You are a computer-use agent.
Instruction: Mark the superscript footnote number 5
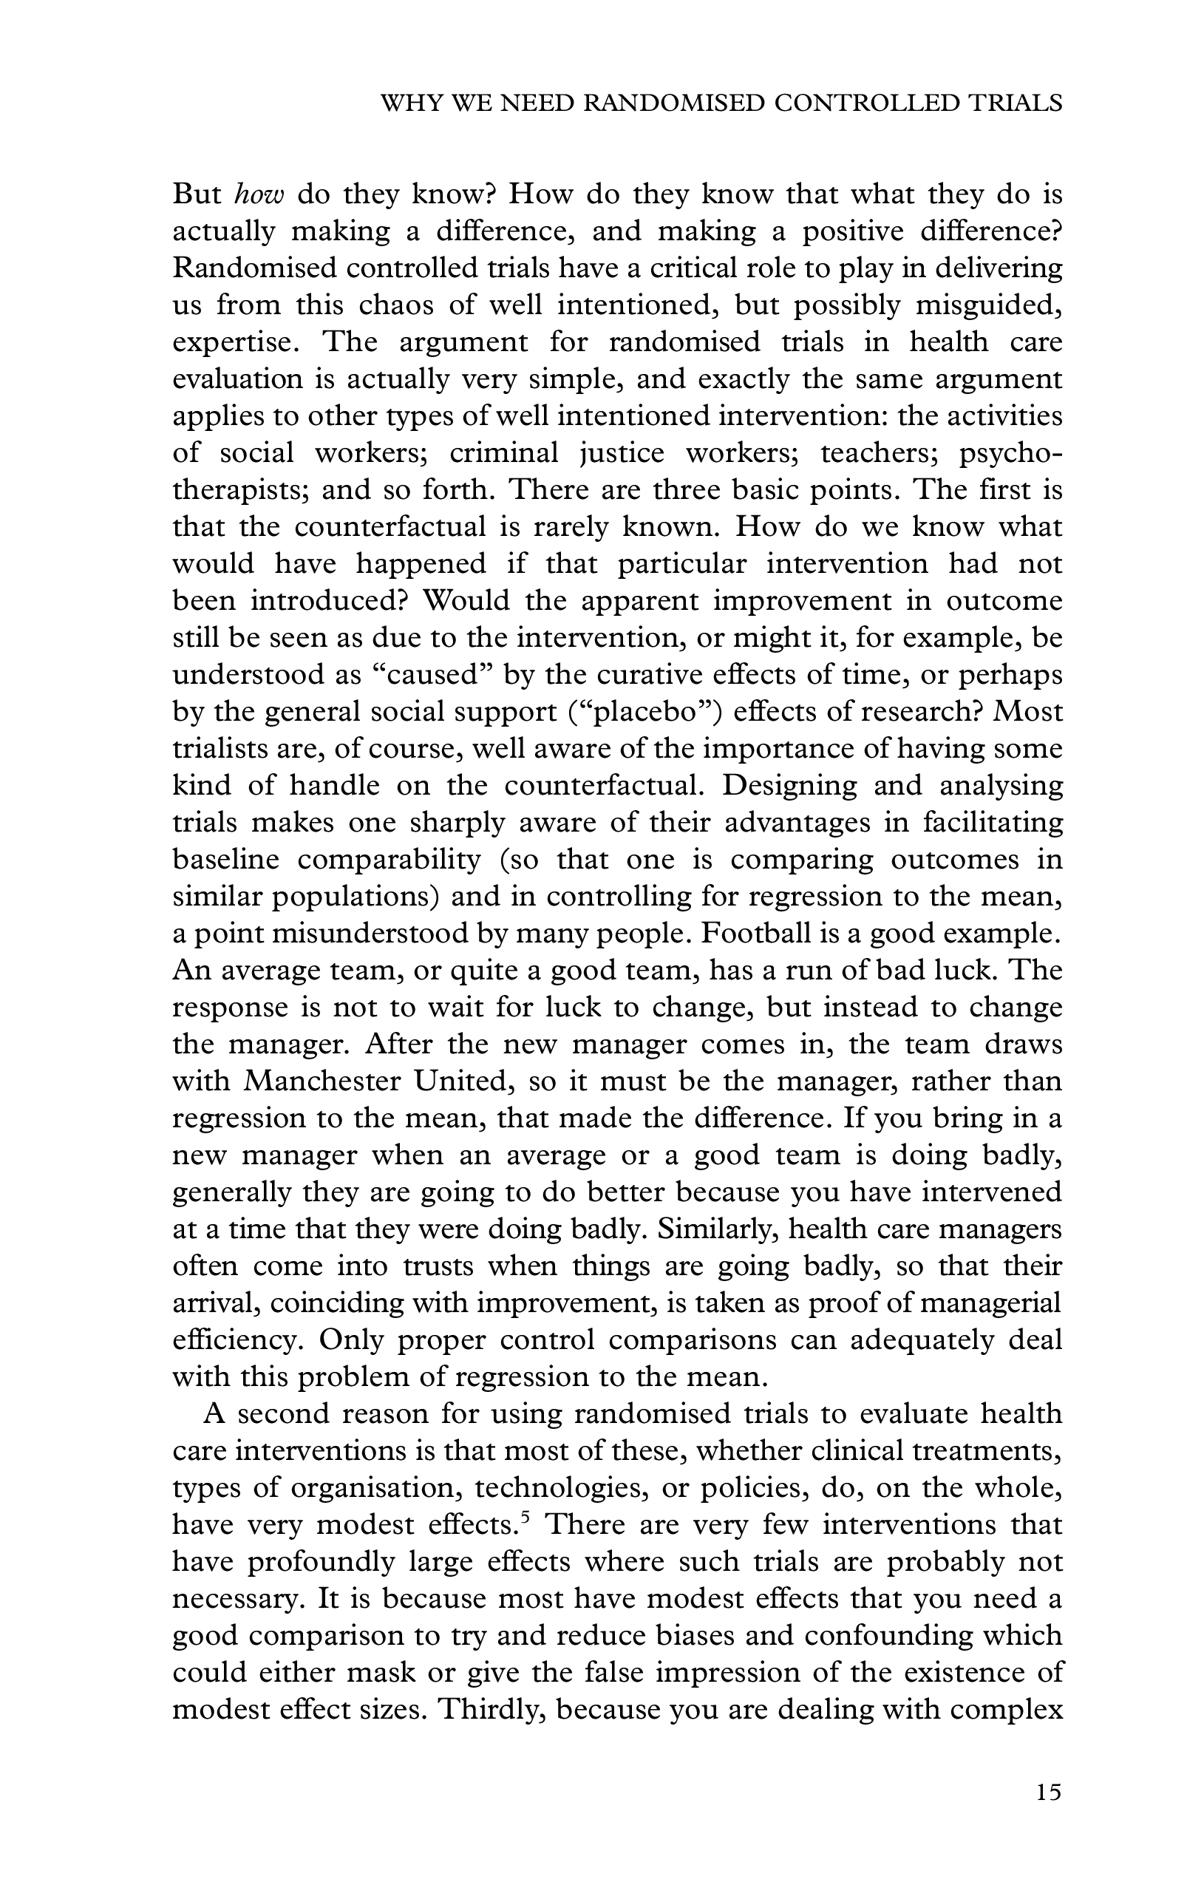[x=526, y=1518]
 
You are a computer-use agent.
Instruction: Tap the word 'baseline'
[x=225, y=860]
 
